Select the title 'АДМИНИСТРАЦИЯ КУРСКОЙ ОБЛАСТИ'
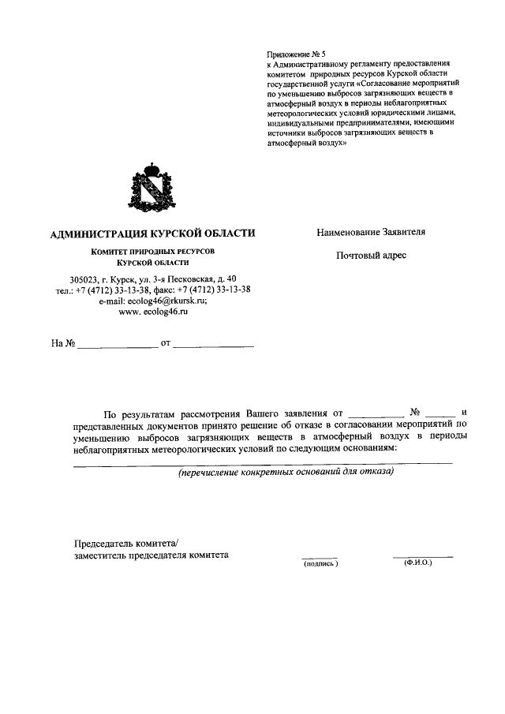pos(152,234)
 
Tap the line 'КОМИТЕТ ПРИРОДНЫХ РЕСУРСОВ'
pos(152,251)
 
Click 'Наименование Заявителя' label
pos(371,233)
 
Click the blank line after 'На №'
pos(118,345)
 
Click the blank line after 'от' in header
pos(213,345)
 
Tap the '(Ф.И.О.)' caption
pos(417,564)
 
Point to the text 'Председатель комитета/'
pos(126,542)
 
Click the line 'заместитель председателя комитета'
pos(150,555)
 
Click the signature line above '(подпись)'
pos(320,557)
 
